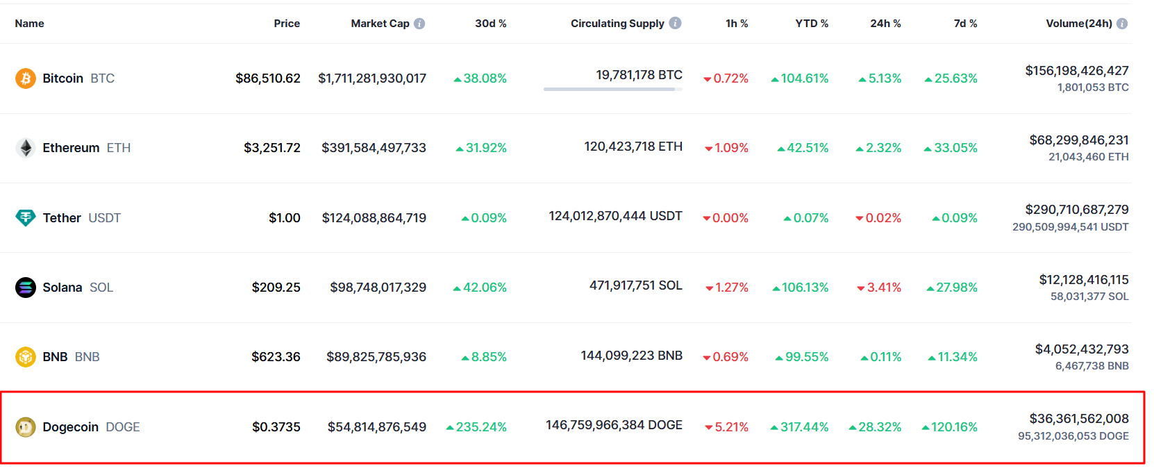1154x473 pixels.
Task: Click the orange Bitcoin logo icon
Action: point(26,78)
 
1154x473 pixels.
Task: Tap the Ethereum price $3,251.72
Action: point(271,148)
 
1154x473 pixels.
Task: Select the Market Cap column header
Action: point(380,24)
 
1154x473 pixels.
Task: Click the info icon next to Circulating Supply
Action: point(675,23)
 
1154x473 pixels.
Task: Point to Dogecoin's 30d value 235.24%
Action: point(480,427)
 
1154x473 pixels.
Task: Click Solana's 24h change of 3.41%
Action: point(883,288)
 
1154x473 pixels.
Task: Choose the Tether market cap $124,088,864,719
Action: point(374,218)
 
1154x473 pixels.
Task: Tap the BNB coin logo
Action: point(26,357)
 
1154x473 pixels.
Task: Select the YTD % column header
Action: point(812,24)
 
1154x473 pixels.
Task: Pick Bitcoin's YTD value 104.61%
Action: point(804,78)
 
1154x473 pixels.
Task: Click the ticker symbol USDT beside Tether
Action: point(105,218)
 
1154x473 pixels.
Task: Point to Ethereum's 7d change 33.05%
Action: point(955,148)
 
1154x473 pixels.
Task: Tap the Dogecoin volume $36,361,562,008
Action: point(1078,419)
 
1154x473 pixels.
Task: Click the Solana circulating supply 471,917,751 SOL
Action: point(635,285)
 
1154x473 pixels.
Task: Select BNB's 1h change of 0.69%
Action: point(730,357)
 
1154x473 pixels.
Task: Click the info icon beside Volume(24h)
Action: point(1122,24)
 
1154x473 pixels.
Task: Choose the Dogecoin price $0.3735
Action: point(276,427)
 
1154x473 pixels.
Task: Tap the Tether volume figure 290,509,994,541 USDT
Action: point(1070,227)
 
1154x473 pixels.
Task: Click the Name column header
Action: point(29,24)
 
